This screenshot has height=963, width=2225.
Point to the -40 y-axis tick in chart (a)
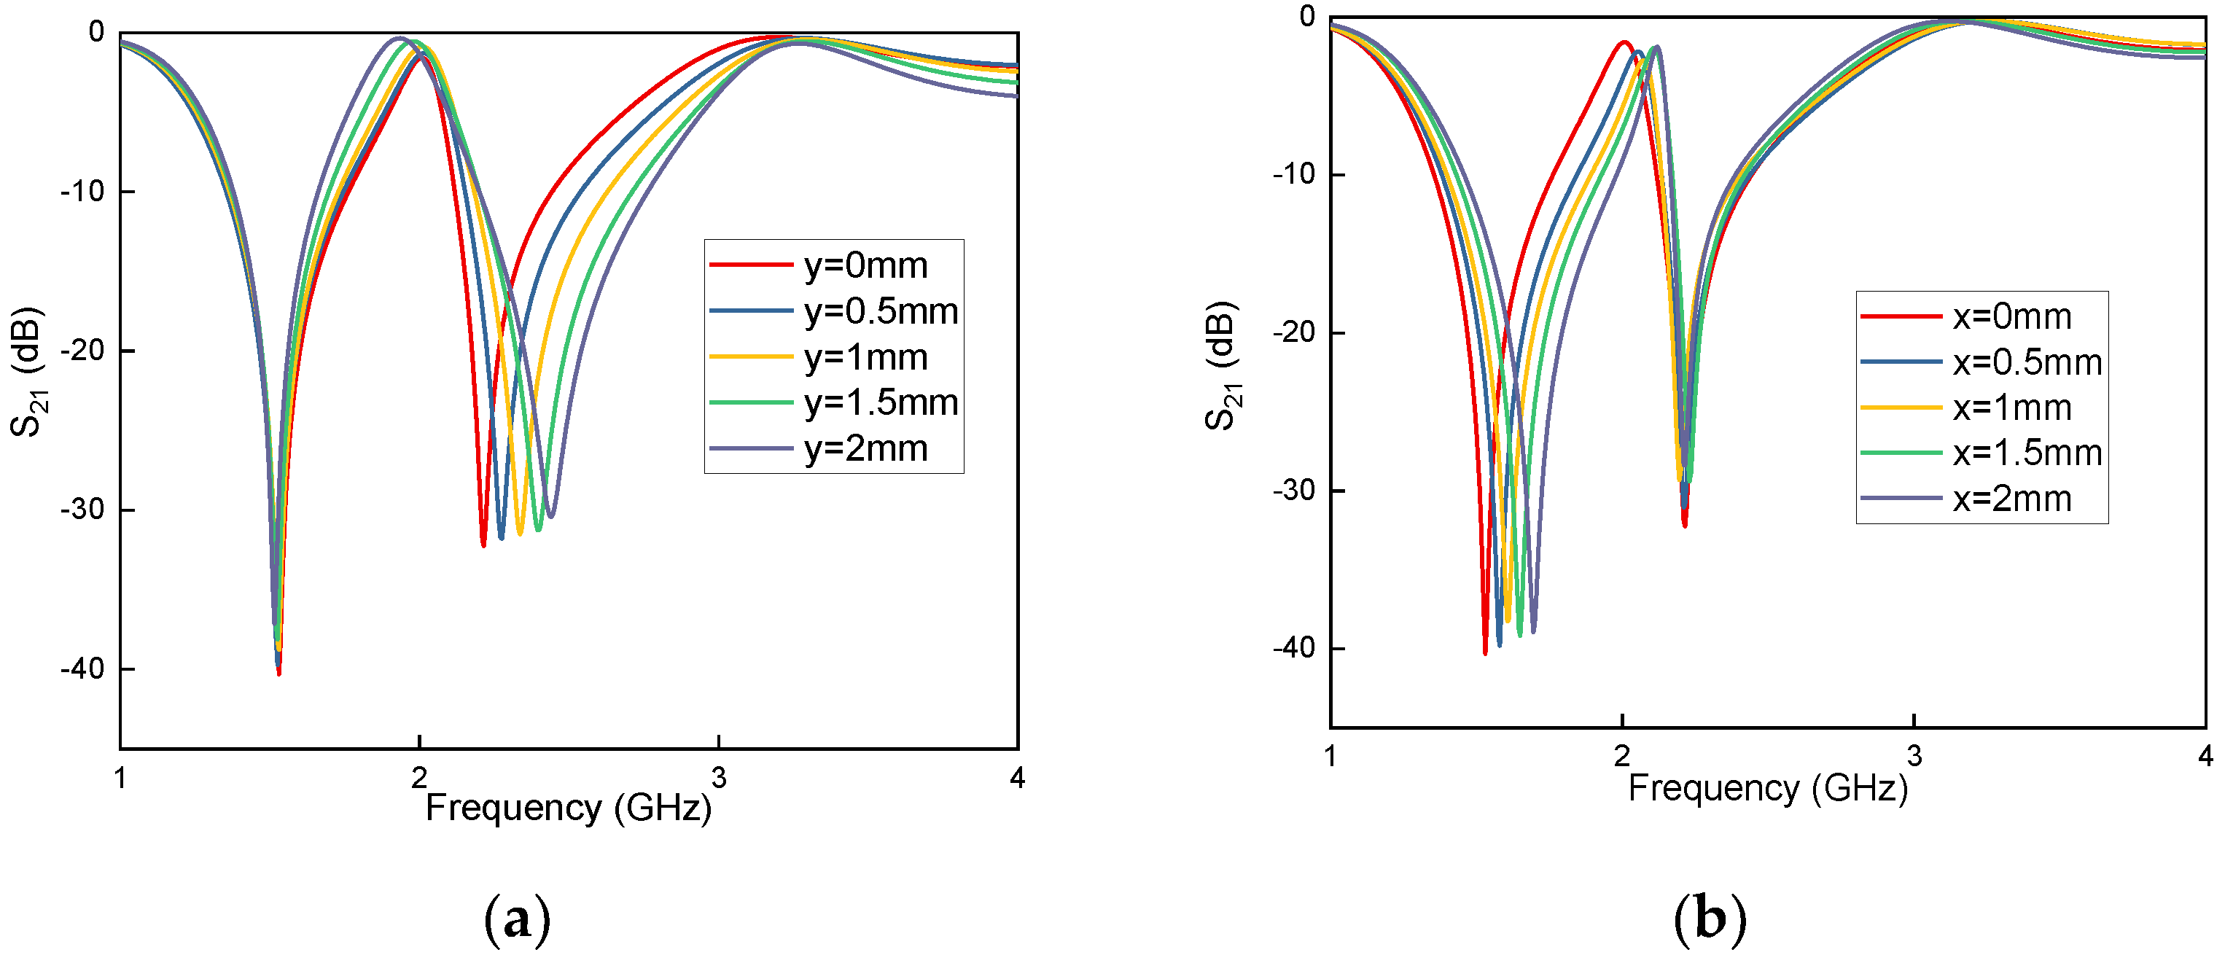(82, 668)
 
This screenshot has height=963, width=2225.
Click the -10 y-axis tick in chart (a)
(82, 191)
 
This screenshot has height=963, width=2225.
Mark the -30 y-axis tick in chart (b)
(1293, 491)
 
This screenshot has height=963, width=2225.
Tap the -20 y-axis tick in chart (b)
(1293, 332)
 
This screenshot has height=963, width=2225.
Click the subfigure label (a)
(516, 920)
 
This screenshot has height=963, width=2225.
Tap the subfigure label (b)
(1710, 920)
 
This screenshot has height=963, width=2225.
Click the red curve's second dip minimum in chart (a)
(483, 544)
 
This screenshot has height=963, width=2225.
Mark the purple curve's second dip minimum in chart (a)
(550, 516)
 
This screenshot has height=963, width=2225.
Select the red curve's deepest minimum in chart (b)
(1485, 652)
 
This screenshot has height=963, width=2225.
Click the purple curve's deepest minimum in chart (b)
(1533, 631)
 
